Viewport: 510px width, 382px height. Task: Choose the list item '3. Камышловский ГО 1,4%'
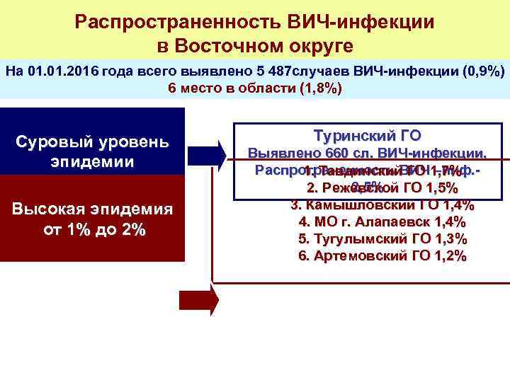[382, 205]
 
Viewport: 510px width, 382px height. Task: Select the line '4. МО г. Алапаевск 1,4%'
[382, 222]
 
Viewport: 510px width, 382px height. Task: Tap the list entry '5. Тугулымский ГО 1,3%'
[382, 239]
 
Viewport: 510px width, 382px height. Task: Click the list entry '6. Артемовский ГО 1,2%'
[382, 256]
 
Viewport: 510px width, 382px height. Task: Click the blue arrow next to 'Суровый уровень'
[210, 155]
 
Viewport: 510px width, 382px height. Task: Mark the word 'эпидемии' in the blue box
[92, 161]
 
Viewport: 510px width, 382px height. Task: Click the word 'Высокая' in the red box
[57, 210]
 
